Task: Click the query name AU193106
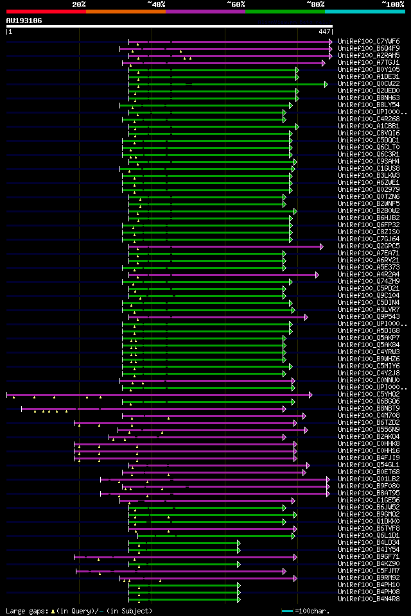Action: point(24,21)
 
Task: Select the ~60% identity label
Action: point(236,4)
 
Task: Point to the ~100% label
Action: point(393,4)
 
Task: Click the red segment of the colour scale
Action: point(46,11)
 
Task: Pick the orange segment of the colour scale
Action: point(125,11)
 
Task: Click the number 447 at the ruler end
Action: point(324,31)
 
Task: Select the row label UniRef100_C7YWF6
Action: point(369,42)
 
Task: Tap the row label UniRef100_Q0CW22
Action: point(369,84)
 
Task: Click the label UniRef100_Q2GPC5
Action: point(369,246)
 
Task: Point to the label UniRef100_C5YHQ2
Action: point(369,395)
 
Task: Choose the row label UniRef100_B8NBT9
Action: point(369,409)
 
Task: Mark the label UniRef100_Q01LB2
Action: point(369,479)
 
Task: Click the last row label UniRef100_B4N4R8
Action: point(369,599)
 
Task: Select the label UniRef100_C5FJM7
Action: point(369,571)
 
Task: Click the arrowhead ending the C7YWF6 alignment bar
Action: point(331,42)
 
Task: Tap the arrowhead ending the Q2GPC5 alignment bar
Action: point(322,246)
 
